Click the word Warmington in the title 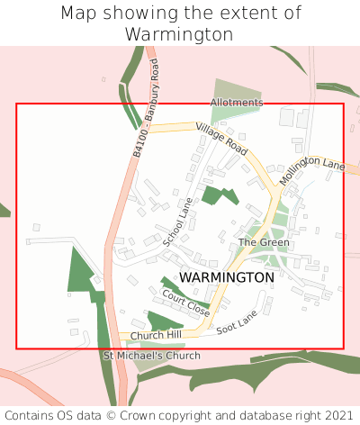[180, 34]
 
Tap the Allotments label [237, 103]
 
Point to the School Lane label [178, 223]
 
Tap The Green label [264, 243]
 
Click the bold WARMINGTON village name [227, 277]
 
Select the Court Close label [185, 303]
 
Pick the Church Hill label [155, 336]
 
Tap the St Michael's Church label [151, 357]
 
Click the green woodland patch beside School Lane [218, 195]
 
